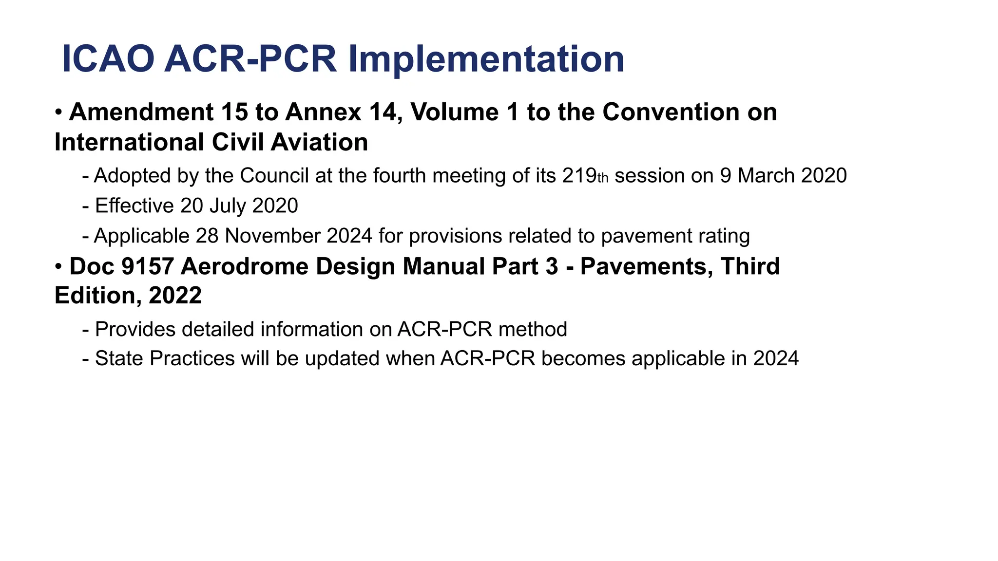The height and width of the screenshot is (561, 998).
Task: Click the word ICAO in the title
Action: tap(108, 59)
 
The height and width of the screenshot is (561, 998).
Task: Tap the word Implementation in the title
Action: tap(486, 59)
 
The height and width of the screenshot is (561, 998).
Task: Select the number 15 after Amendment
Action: tap(234, 112)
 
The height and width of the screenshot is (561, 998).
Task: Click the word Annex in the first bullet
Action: tap(323, 112)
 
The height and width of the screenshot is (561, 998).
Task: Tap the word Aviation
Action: tap(319, 143)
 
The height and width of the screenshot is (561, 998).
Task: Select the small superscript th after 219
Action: tap(603, 179)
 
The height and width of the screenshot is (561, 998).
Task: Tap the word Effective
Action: tap(134, 206)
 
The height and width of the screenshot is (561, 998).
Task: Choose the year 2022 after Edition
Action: tap(175, 296)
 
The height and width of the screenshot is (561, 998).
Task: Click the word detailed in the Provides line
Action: tap(218, 330)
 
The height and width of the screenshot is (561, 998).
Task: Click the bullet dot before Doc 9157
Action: tap(58, 267)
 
